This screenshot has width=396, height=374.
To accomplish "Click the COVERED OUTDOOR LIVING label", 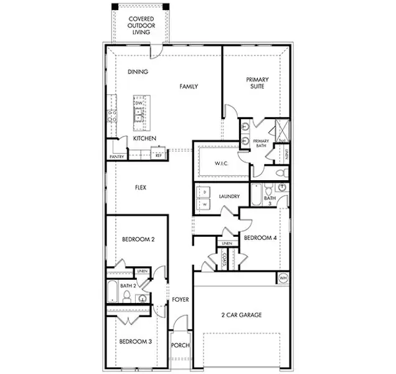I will (141, 26).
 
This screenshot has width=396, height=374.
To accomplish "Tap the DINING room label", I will (138, 72).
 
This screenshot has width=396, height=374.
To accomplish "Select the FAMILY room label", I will (189, 87).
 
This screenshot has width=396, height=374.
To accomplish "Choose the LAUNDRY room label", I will (230, 196).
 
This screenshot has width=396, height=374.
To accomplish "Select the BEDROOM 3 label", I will (136, 342).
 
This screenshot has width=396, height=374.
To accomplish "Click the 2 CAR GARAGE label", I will (241, 315).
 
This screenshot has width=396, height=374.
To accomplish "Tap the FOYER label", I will (181, 300).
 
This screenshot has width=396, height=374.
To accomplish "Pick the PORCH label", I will (181, 345).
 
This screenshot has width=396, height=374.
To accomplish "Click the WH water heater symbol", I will (283, 278).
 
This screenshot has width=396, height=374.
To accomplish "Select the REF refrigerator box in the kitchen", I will (158, 155).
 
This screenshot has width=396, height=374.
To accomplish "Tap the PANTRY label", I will (116, 156).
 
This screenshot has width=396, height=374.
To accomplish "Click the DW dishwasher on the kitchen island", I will (139, 102).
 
